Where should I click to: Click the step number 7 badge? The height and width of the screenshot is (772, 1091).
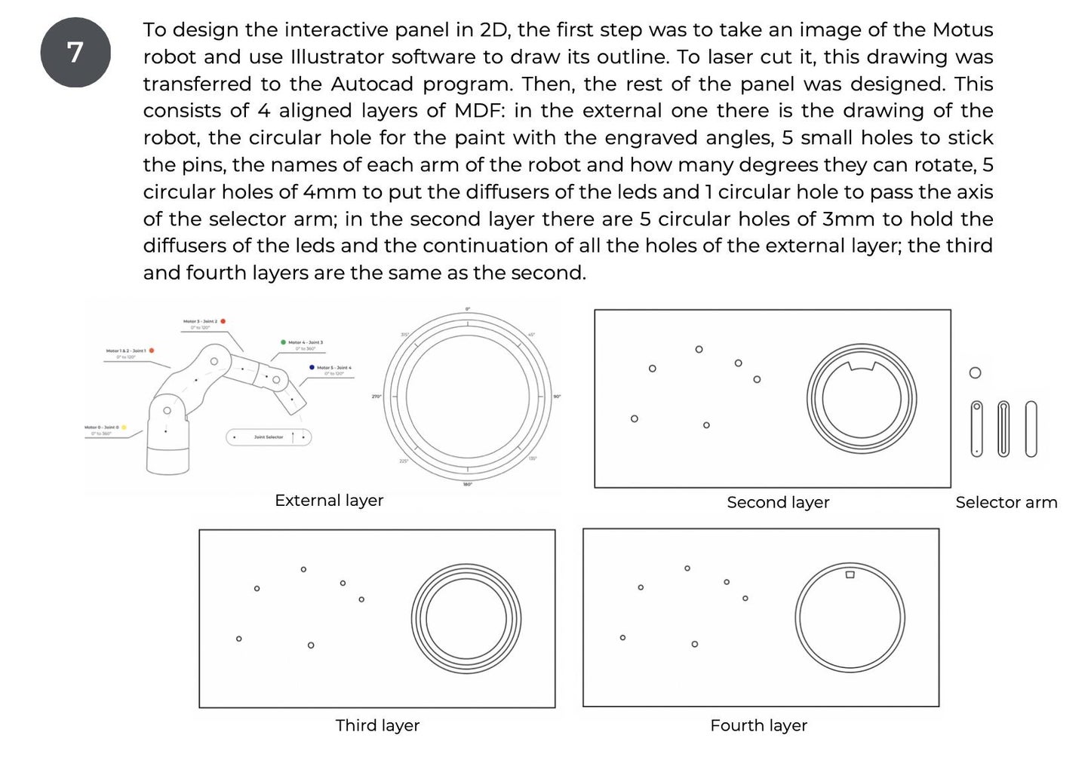75,53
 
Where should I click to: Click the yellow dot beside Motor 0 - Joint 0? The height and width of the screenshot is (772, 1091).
124,427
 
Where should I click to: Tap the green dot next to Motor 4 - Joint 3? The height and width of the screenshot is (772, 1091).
283,342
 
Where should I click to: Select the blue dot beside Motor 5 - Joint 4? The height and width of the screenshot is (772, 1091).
312,367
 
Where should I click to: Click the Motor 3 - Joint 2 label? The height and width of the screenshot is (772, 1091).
200,322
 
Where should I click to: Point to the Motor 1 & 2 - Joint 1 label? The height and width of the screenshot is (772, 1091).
126,351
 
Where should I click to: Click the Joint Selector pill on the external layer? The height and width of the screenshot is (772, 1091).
269,437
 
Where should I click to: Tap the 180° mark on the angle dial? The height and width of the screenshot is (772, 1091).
468,484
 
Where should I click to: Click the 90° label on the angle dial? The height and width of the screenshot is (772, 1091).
557,397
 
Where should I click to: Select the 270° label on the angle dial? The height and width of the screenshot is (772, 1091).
376,397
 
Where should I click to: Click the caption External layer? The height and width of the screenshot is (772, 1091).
329,501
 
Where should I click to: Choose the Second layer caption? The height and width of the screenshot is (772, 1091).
778,502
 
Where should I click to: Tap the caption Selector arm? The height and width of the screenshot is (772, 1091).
1006,502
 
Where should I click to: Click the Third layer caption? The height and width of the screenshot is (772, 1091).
377,725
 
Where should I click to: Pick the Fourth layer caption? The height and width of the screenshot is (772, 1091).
758,725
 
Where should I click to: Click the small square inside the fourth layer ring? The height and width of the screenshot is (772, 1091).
850,574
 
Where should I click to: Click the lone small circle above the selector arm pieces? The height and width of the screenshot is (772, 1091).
975,373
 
